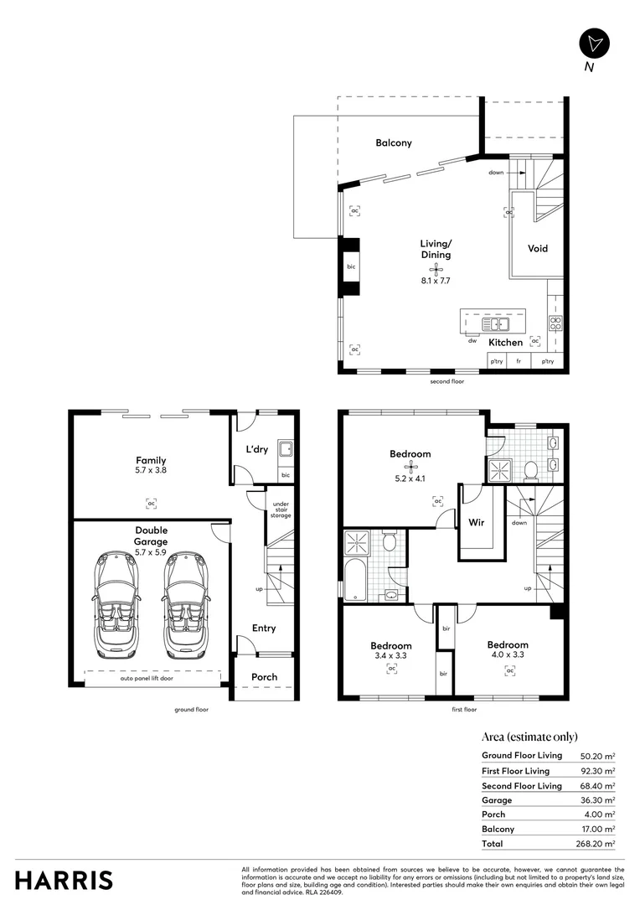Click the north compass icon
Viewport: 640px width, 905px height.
pos(595,43)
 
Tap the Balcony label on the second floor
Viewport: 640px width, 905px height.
pos(393,142)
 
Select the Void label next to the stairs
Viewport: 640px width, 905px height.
pos(538,248)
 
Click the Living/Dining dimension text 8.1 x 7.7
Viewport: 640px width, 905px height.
pos(436,281)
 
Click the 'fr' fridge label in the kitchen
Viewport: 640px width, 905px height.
pos(519,361)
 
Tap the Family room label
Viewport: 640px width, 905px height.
pos(151,460)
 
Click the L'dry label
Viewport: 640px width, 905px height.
pos(256,449)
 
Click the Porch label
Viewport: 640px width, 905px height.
pos(265,677)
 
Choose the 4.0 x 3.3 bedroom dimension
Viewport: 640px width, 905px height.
pos(508,655)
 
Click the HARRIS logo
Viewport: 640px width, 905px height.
pos(64,880)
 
